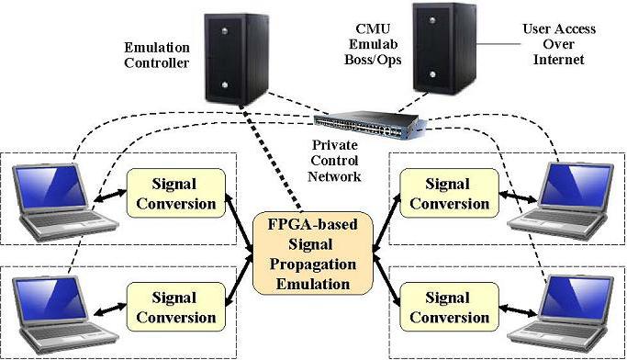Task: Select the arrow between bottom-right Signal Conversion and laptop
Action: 516,313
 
